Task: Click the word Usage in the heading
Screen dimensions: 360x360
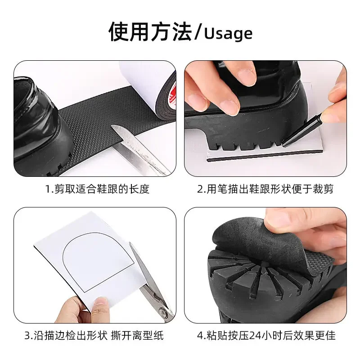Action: pyautogui.click(x=228, y=34)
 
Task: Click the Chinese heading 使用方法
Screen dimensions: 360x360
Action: pyautogui.click(x=150, y=31)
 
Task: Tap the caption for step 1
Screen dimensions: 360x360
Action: pyautogui.click(x=97, y=189)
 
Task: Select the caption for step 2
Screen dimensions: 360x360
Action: pyautogui.click(x=265, y=189)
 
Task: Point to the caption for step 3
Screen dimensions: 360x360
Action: pyautogui.click(x=94, y=335)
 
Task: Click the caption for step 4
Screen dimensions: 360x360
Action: pyautogui.click(x=266, y=335)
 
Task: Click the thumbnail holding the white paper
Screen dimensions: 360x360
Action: pyautogui.click(x=100, y=303)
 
